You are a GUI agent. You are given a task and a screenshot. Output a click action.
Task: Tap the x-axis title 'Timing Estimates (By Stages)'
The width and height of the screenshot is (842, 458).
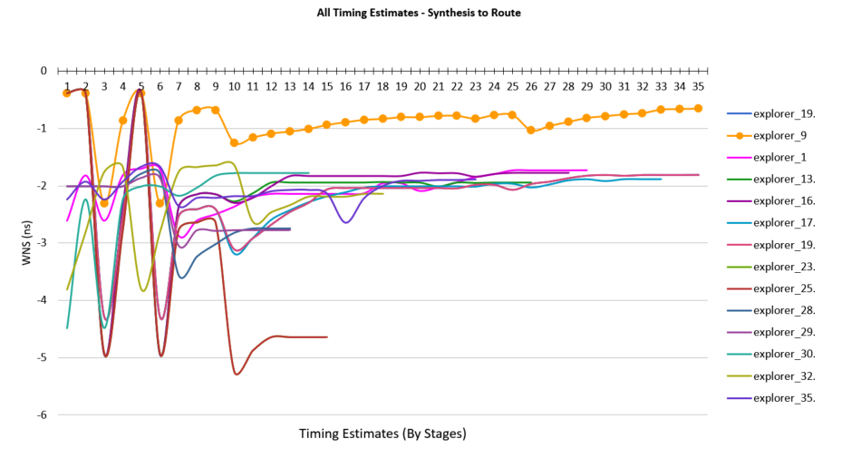pyautogui.click(x=382, y=434)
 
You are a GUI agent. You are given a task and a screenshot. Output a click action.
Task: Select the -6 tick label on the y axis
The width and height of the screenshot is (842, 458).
pyautogui.click(x=42, y=415)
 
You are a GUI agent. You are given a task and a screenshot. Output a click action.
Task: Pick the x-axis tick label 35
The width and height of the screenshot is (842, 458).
pyautogui.click(x=698, y=86)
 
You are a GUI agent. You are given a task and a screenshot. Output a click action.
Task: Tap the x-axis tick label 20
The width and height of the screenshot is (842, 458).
pyautogui.click(x=420, y=86)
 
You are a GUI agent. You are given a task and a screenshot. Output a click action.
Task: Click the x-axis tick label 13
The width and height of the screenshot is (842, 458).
pyautogui.click(x=289, y=86)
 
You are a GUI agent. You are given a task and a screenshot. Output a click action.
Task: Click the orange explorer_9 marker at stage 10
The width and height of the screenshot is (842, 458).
pyautogui.click(x=234, y=142)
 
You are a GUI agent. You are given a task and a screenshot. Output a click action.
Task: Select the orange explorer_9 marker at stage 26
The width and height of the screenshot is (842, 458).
pyautogui.click(x=531, y=131)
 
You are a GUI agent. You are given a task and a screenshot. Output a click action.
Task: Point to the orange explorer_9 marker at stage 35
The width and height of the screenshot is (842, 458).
pyautogui.click(x=698, y=108)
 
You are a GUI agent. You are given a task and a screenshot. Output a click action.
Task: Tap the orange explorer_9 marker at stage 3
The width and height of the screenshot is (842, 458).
pyautogui.click(x=104, y=203)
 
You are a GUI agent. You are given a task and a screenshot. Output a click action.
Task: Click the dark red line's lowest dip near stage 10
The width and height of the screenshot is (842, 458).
pyautogui.click(x=237, y=374)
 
